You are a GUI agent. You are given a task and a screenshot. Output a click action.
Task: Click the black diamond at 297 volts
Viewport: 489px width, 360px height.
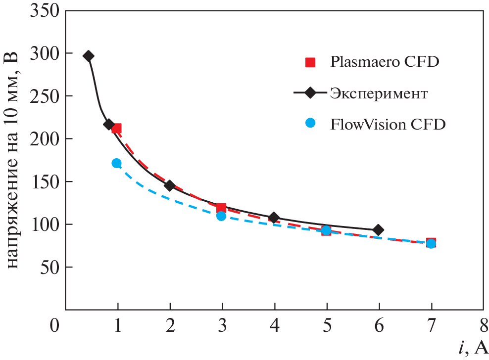tap(89, 56)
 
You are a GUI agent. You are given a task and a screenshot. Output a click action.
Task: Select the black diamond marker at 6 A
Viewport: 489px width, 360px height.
tap(379, 230)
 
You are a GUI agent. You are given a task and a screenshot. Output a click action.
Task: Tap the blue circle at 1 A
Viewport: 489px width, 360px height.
tap(117, 163)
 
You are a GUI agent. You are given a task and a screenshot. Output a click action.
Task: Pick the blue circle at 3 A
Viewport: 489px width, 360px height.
tap(221, 216)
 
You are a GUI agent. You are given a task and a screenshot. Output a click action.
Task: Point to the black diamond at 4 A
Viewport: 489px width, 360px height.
tap(274, 218)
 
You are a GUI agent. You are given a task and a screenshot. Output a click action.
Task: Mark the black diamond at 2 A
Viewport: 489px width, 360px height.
tap(170, 186)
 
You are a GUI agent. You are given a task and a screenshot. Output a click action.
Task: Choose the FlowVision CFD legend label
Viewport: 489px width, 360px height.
tap(388, 124)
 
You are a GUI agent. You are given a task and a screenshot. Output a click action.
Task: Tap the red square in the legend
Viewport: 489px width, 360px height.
tap(310, 62)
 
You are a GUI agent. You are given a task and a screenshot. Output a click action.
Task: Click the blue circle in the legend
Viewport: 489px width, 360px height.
tap(310, 124)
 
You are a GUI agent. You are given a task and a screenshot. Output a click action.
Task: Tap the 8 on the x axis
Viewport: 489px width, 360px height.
tap(484, 327)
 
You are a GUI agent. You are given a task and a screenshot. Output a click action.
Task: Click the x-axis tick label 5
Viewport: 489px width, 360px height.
tap(326, 327)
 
